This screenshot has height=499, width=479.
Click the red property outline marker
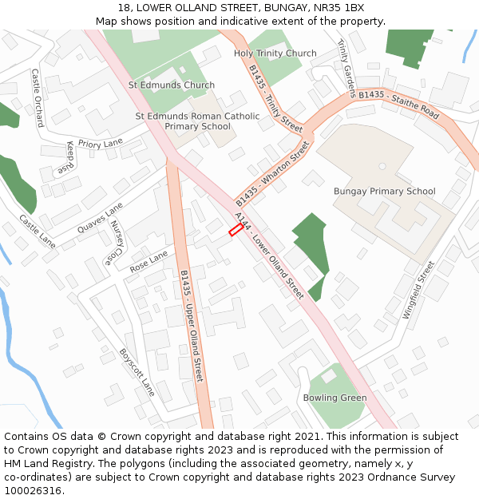[236, 230]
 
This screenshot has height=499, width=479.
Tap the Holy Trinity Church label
[275, 53]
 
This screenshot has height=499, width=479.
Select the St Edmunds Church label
[172, 85]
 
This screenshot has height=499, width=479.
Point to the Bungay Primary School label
[385, 192]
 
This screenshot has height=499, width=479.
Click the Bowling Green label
[335, 398]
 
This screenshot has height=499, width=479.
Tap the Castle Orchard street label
[38, 97]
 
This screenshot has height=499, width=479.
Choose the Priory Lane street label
[101, 144]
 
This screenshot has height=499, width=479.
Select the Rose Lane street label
[149, 260]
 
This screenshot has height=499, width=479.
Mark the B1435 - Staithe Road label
[398, 105]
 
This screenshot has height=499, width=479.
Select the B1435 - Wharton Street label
[272, 173]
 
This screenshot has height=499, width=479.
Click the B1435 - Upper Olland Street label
[192, 325]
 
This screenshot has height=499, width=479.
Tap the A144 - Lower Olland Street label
[269, 255]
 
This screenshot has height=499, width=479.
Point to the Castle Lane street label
[38, 232]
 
